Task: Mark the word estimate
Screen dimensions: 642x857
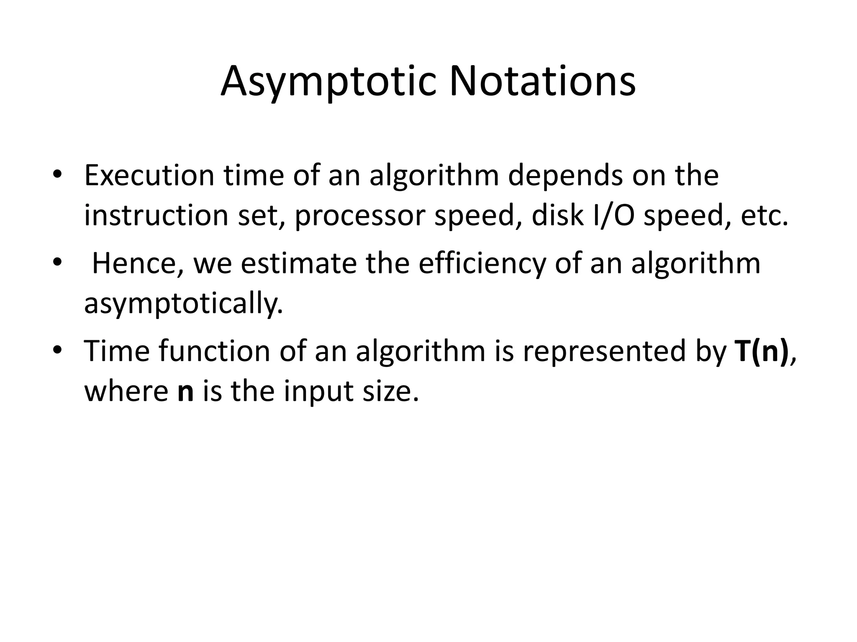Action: click(x=299, y=264)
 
